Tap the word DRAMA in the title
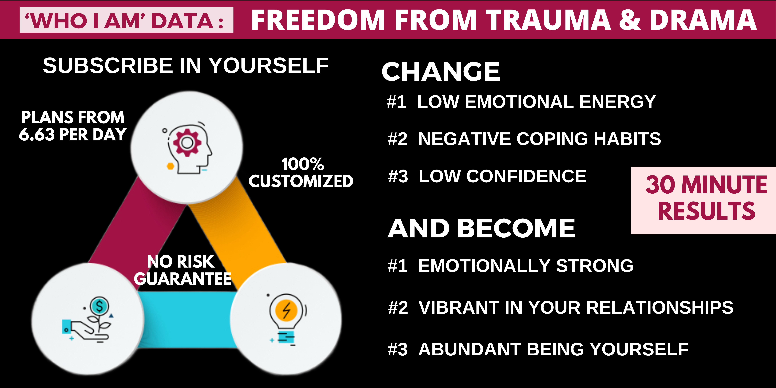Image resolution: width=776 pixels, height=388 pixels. coord(703,20)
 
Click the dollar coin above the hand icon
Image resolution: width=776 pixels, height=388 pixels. coord(99,306)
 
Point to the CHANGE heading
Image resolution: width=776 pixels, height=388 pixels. coord(441,72)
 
